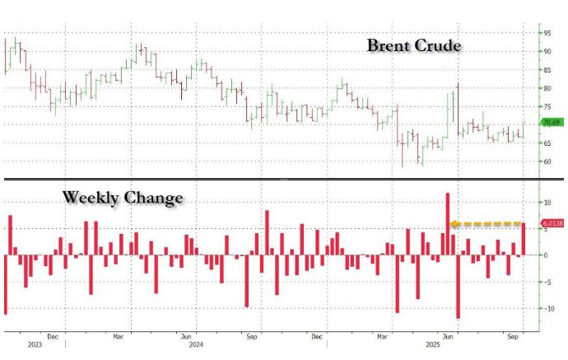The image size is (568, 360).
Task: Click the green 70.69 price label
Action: [x=551, y=123]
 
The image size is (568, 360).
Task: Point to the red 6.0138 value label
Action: [x=552, y=223]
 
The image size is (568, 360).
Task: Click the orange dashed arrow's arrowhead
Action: [x=453, y=223]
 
